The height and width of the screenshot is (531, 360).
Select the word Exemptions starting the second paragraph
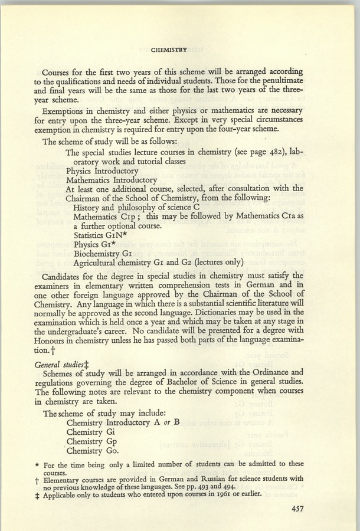coord(70,111)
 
